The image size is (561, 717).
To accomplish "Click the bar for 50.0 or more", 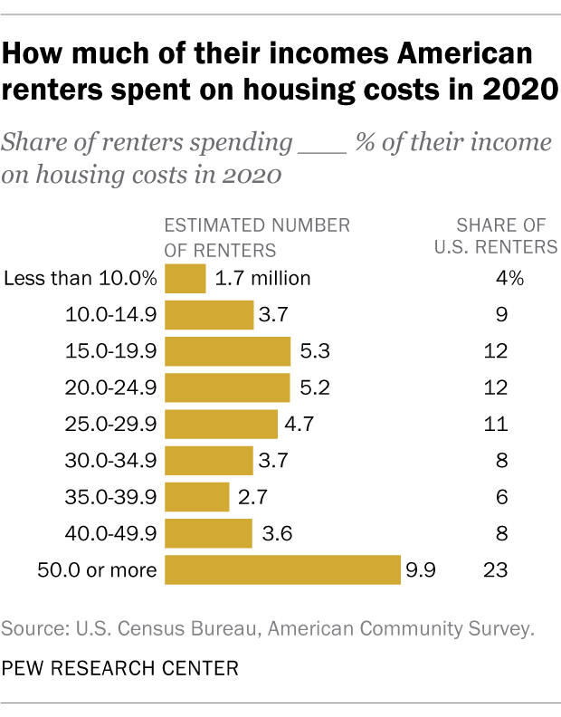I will click(x=282, y=570).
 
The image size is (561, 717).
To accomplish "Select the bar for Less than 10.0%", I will click(x=185, y=278).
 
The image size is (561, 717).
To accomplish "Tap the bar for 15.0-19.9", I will click(x=227, y=351).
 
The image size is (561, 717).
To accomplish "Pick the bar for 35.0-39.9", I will click(x=197, y=497).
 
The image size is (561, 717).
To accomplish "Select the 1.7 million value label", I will click(x=262, y=278).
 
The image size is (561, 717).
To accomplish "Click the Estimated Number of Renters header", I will click(x=256, y=235).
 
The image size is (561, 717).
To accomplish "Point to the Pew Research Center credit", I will click(x=120, y=669).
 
